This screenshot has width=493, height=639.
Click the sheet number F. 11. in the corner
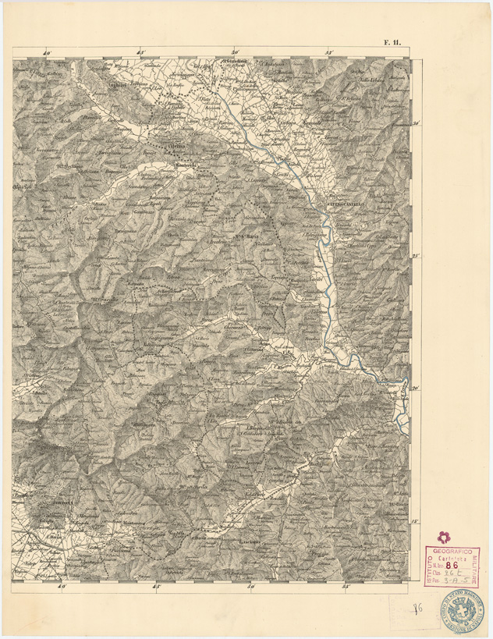click(391, 44)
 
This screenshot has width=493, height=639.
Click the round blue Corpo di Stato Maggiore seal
click(465, 608)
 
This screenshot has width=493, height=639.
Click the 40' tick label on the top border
click(47, 53)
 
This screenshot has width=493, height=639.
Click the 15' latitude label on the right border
click(417, 521)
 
